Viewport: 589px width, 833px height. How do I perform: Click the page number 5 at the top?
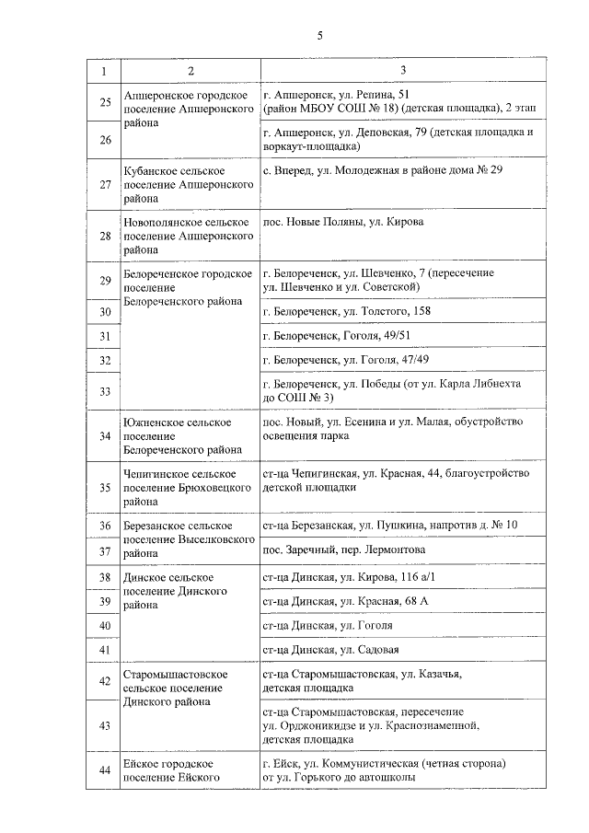tap(319, 36)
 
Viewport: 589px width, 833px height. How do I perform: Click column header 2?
tap(190, 71)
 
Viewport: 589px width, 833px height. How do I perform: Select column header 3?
tap(402, 71)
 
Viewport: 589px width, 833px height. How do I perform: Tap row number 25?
tap(105, 101)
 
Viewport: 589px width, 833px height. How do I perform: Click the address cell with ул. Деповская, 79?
tap(398, 139)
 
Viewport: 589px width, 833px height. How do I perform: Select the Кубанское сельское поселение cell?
tap(189, 184)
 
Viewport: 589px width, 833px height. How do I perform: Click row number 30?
tap(105, 312)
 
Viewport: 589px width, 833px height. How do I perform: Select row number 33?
tap(105, 391)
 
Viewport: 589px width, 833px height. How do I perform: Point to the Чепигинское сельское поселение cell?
tap(188, 487)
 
